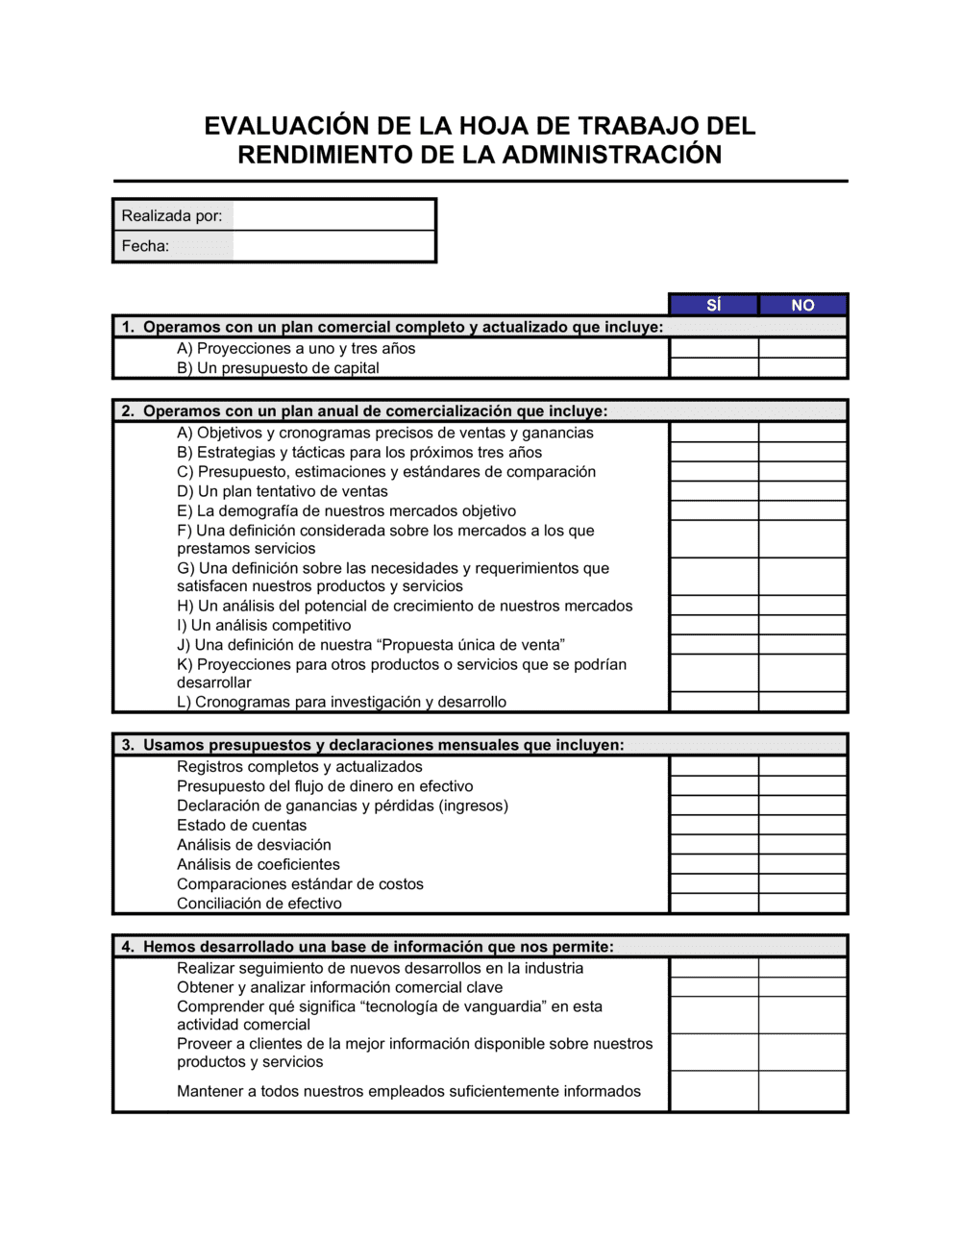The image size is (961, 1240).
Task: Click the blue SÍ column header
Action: [713, 305]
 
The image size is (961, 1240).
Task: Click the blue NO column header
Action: [802, 305]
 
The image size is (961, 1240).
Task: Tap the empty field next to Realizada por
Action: [333, 215]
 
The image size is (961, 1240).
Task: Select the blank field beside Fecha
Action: [333, 246]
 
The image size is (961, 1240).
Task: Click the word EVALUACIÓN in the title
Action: [286, 126]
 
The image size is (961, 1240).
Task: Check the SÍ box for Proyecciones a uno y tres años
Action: [714, 348]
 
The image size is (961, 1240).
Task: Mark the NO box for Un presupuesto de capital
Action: [802, 368]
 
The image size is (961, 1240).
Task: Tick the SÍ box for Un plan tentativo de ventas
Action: [714, 491]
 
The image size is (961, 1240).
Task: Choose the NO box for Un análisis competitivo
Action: [802, 625]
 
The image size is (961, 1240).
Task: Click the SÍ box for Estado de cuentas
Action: [714, 825]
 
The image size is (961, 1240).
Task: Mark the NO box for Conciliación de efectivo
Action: [802, 904]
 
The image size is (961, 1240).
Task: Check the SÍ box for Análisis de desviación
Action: [714, 845]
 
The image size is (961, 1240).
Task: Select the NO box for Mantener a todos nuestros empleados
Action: [802, 1091]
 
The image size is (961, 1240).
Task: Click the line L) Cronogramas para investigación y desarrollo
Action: [341, 702]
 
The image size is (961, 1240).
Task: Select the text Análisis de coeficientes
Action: [259, 864]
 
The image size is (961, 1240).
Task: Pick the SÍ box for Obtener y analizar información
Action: [714, 987]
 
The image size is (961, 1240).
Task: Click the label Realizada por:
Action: [172, 215]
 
